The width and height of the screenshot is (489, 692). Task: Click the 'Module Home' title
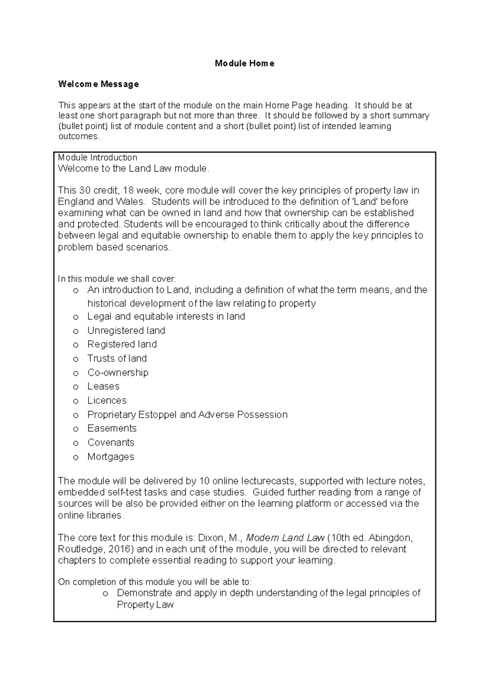[244, 63]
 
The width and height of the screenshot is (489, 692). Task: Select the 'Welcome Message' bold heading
[98, 84]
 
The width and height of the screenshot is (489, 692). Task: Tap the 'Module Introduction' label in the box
[97, 157]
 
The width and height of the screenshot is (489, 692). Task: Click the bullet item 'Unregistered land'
[126, 331]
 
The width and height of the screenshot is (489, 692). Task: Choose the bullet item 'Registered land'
[122, 344]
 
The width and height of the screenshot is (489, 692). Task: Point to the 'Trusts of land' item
[117, 359]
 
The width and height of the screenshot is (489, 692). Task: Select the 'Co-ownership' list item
[118, 372]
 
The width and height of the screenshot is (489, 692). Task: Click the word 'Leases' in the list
[103, 386]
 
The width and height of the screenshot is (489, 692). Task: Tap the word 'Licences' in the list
[107, 401]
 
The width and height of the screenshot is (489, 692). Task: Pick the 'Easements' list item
[112, 428]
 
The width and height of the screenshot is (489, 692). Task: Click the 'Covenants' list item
[110, 443]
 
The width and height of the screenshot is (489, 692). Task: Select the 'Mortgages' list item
[110, 457]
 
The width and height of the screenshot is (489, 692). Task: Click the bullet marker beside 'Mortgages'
[75, 458]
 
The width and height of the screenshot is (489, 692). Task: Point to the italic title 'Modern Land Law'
[285, 538]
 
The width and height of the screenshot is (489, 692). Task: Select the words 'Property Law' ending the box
[145, 605]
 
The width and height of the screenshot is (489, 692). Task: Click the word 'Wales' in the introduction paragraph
[131, 202]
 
